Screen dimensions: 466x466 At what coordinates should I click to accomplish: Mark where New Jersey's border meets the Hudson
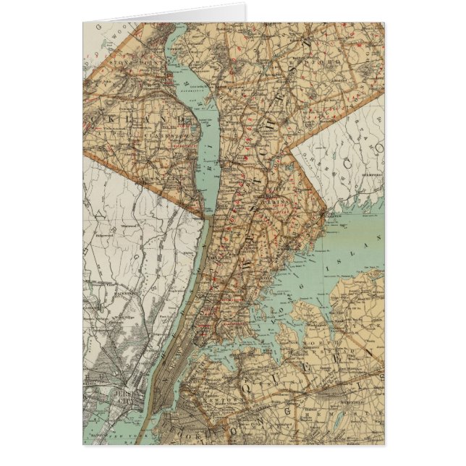tap(205, 215)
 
